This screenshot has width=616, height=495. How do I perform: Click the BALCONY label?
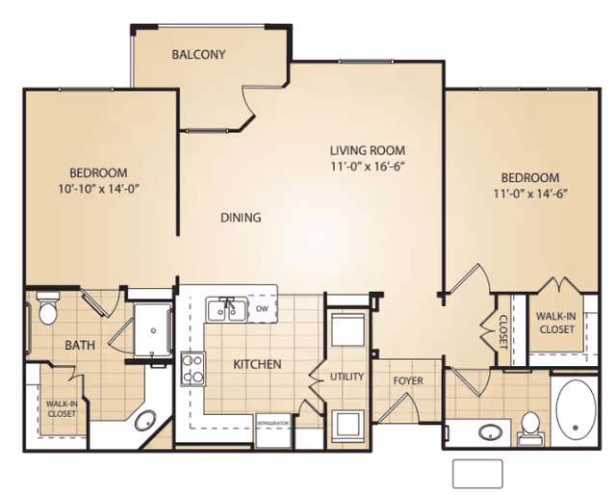click(x=198, y=55)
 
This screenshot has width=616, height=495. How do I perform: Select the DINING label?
click(x=241, y=218)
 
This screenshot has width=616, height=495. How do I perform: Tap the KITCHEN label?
click(x=257, y=364)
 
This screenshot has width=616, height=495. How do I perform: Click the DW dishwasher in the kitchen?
click(x=263, y=309)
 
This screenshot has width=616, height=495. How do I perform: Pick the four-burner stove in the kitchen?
click(x=193, y=367)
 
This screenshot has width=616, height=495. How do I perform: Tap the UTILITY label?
click(x=346, y=377)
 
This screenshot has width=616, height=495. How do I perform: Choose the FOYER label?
click(x=408, y=380)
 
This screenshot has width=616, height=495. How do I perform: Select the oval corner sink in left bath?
click(x=145, y=421)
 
